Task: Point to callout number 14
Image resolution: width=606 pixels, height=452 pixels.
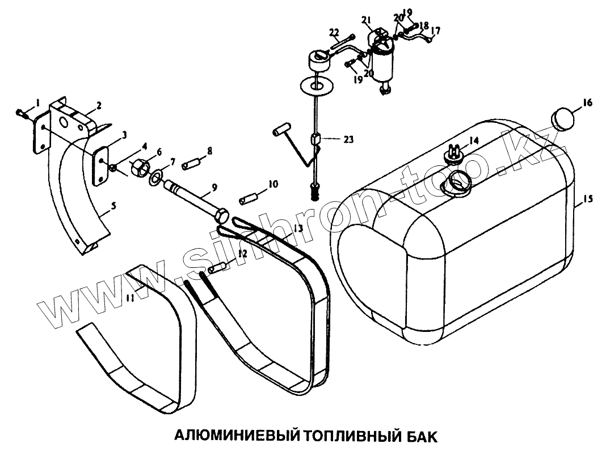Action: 473,140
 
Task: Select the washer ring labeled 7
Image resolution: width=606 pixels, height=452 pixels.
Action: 155,179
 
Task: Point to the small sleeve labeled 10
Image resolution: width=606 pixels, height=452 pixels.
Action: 248,200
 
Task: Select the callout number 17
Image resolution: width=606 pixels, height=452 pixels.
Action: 436,29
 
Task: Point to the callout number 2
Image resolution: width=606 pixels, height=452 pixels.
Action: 99,105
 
